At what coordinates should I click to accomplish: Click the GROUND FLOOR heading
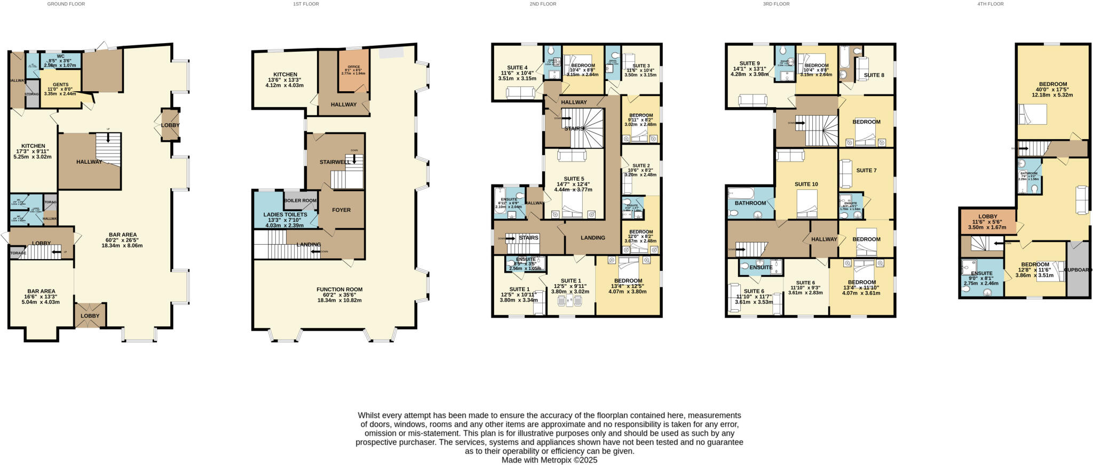click(66, 4)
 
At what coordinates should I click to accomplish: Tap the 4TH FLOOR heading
click(990, 4)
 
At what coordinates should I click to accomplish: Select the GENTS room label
click(60, 85)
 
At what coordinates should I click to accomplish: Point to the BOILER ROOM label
click(300, 201)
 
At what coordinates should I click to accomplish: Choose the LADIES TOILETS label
click(285, 214)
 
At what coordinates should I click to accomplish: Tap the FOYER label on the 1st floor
click(341, 210)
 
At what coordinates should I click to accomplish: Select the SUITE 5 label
click(574, 179)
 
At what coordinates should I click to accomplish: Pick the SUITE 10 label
click(806, 184)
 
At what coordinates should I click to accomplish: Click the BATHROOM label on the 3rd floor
click(750, 203)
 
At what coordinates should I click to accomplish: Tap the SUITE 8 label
click(874, 75)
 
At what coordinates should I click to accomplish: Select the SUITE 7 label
click(866, 171)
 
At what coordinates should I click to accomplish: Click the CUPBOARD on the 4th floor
click(1078, 270)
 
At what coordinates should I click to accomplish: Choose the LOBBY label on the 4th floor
click(987, 217)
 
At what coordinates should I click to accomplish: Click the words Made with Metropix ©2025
click(549, 460)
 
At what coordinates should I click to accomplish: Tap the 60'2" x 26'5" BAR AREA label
click(123, 235)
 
